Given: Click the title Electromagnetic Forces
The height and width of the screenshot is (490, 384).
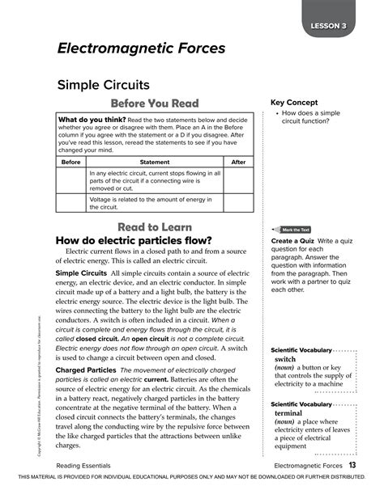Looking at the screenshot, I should [x=141, y=49].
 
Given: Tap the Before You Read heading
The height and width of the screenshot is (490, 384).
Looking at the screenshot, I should [x=154, y=103].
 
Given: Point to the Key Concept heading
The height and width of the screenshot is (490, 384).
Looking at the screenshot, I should [x=294, y=103].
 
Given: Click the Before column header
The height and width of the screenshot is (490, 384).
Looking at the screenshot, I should [x=71, y=162].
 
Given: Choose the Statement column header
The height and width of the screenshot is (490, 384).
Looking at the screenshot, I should [x=155, y=162].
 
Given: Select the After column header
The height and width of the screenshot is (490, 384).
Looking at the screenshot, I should [x=238, y=162].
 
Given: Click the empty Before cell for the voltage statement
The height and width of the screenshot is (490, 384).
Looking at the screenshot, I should [x=71, y=202].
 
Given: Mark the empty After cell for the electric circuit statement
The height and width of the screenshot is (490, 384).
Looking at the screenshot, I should [x=238, y=181].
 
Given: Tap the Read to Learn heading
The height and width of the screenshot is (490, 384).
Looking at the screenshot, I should [x=154, y=227].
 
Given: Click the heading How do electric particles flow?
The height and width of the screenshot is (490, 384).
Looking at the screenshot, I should [x=133, y=240].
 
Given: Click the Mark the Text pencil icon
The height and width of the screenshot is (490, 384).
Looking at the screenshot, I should [x=278, y=230].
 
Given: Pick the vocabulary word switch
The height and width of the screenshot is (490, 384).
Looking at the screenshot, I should [x=285, y=358].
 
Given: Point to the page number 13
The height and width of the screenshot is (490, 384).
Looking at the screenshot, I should [x=353, y=466].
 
